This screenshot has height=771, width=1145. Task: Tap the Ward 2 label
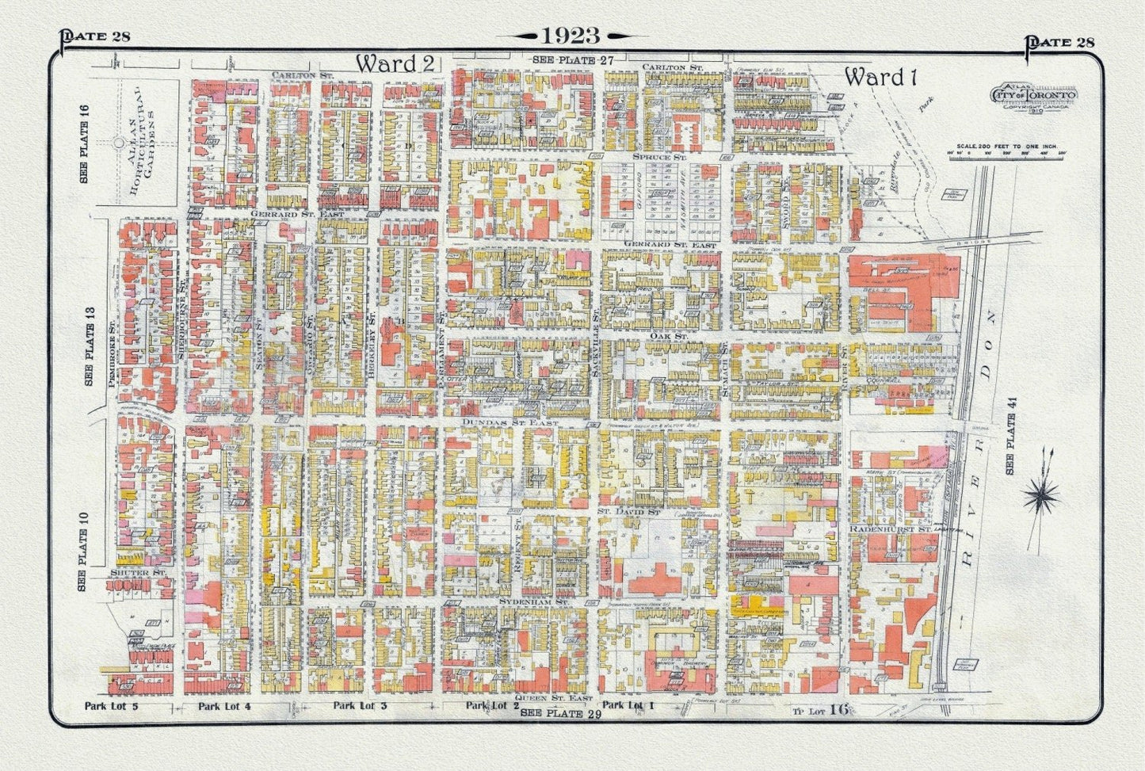[x=395, y=64]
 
